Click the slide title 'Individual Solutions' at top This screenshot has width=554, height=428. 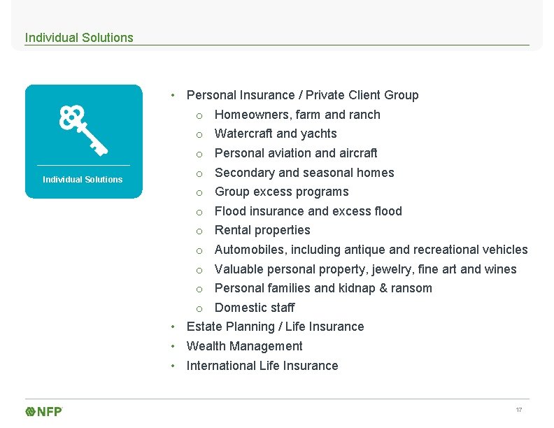79,38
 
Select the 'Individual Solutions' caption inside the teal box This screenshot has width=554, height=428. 83,180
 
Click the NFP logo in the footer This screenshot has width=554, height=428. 44,411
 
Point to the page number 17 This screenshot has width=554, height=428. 518,410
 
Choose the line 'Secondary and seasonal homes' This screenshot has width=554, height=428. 304,173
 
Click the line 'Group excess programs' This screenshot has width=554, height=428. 281,192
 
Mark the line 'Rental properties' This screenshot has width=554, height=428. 262,230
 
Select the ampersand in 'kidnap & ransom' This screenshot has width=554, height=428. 384,288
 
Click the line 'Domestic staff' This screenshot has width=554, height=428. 254,308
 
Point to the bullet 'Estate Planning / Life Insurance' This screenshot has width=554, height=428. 275,327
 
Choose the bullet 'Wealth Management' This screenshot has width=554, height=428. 244,346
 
